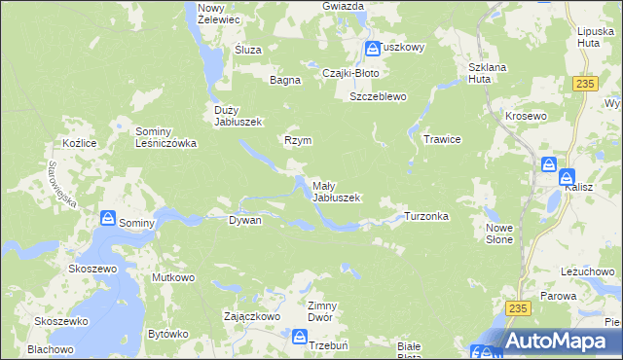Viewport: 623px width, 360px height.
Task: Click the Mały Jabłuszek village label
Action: [336, 191]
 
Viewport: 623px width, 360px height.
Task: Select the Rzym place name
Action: [297, 140]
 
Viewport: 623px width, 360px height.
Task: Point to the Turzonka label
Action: [426, 216]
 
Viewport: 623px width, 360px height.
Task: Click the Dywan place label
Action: [244, 221]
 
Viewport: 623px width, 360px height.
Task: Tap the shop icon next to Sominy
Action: [108, 221]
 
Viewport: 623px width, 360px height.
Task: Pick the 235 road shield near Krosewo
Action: [584, 86]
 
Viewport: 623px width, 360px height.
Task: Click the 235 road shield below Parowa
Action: [518, 307]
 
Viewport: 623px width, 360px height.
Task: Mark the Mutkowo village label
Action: [173, 277]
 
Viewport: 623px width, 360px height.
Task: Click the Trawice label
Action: [441, 139]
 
